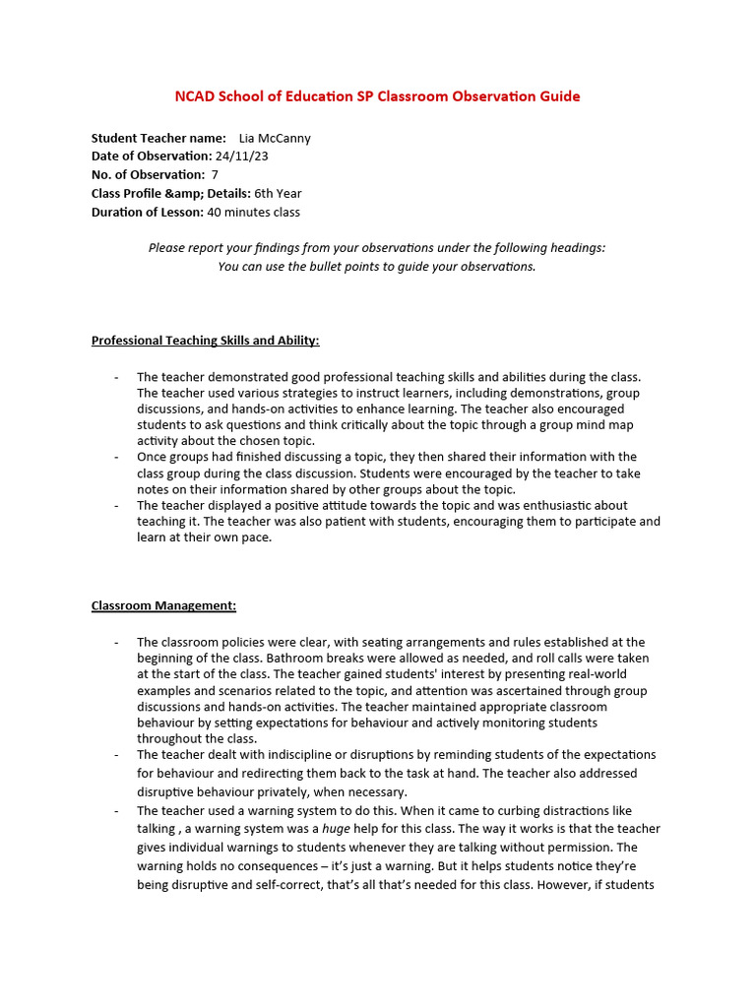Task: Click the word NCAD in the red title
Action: pyautogui.click(x=195, y=96)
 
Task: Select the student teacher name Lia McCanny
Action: pyautogui.click(x=275, y=138)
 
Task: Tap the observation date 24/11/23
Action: pyautogui.click(x=241, y=156)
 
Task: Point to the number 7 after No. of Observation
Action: pyautogui.click(x=215, y=174)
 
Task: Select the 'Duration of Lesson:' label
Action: pyautogui.click(x=147, y=212)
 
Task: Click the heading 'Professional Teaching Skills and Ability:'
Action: pyautogui.click(x=205, y=341)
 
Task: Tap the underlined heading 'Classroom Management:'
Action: pyautogui.click(x=163, y=605)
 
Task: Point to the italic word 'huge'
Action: pyautogui.click(x=337, y=829)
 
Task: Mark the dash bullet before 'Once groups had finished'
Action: pyautogui.click(x=116, y=458)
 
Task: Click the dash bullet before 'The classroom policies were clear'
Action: pyautogui.click(x=116, y=642)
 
